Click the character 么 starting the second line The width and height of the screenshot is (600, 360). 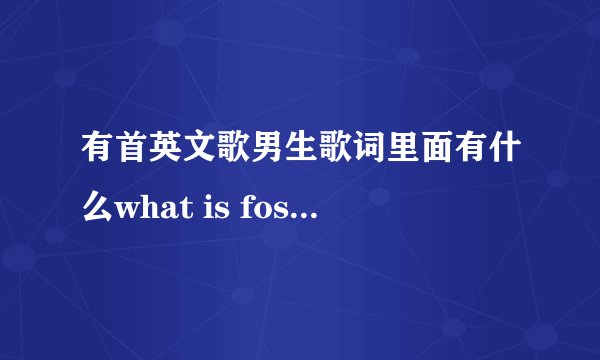[98, 208]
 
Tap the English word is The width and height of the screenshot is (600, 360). [217, 208]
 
